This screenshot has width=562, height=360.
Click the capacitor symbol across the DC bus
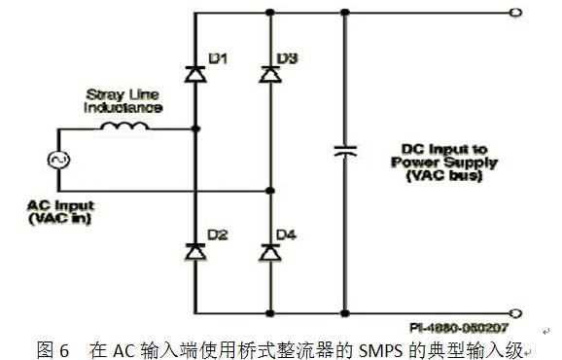[344, 152]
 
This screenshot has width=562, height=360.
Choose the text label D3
[288, 60]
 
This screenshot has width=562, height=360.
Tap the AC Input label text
[60, 206]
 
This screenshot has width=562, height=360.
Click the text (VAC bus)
[438, 178]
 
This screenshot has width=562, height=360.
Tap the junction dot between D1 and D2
[195, 127]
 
